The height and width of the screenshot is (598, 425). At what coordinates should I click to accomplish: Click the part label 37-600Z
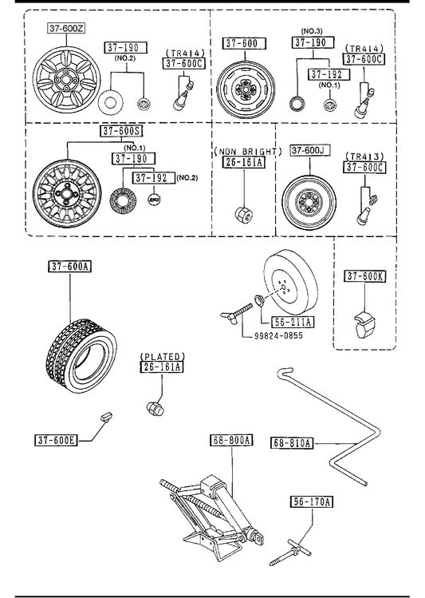click(67, 27)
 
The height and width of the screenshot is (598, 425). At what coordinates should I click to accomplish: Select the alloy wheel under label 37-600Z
click(67, 80)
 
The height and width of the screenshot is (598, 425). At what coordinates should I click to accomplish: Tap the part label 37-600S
click(122, 131)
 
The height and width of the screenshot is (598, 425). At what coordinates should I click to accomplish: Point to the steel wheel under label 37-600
click(246, 89)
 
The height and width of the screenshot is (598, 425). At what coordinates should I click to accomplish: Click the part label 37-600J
click(310, 150)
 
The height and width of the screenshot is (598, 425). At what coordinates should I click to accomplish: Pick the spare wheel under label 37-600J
click(309, 202)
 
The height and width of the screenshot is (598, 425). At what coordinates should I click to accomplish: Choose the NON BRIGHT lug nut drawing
click(242, 214)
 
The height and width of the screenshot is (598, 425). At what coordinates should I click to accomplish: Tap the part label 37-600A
click(69, 266)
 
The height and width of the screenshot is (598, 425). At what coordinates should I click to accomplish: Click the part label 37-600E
click(56, 440)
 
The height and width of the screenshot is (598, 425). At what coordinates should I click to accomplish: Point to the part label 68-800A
click(231, 440)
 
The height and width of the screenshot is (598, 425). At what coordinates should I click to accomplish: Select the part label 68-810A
click(292, 443)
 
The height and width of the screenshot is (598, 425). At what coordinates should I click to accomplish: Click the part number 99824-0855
click(278, 335)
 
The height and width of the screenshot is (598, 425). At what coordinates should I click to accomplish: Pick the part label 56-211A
click(293, 323)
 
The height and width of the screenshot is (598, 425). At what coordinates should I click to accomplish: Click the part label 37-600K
click(365, 275)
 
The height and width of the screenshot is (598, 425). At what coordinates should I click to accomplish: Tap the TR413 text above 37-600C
click(365, 156)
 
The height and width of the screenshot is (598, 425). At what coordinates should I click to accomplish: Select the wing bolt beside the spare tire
click(237, 313)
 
